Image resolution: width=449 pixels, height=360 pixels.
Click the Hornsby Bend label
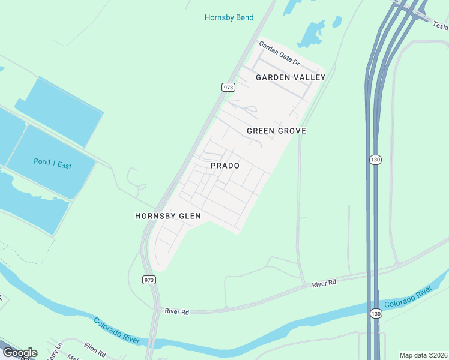tap(229, 17)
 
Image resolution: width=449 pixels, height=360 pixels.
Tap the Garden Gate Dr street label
tap(279, 54)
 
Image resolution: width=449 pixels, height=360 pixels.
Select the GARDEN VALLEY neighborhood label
tap(291, 77)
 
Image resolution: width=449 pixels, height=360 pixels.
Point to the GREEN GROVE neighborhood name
tap(276, 131)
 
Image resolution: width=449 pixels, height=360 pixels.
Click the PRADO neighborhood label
tap(225, 166)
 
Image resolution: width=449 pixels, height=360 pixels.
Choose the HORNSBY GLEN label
tap(167, 216)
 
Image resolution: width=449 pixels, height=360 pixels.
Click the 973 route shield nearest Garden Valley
tap(228, 87)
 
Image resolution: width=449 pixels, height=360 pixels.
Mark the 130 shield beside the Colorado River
tap(375, 313)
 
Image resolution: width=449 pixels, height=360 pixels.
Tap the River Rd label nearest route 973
tap(177, 312)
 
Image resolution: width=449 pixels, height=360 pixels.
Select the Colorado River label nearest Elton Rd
tap(116, 331)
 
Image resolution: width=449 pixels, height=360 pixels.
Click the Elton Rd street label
tap(95, 348)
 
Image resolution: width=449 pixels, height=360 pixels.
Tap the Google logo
tap(19, 353)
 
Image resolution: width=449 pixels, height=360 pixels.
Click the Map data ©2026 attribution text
tap(423, 355)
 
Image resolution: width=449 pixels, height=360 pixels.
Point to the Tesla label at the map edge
tap(441, 25)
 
